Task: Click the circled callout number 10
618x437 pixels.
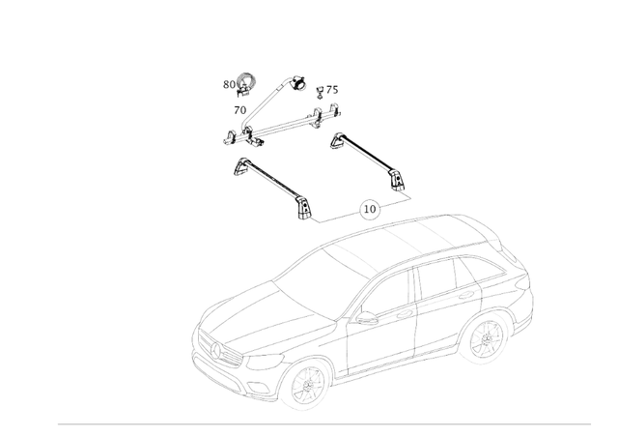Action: pos(369,209)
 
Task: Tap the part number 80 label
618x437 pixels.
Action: pos(229,84)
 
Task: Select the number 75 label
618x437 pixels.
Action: pos(332,90)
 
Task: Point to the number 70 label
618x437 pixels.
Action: pos(240,110)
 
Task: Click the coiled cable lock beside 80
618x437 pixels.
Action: pos(245,84)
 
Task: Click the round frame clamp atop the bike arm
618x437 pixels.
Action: pos(299,82)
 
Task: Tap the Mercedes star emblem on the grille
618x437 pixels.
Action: pos(215,350)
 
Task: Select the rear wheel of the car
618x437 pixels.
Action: pos(487,338)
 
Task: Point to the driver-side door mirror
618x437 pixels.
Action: pos(365,317)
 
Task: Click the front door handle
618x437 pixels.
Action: pos(404,314)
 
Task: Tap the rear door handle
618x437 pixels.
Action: pos(465,295)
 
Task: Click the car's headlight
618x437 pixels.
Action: pos(264,360)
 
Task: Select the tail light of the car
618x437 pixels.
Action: pos(523,280)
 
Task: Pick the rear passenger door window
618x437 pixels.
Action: pos(435,277)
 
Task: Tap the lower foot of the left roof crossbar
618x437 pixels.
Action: pos(303,209)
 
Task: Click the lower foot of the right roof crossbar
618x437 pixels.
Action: pos(397,180)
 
